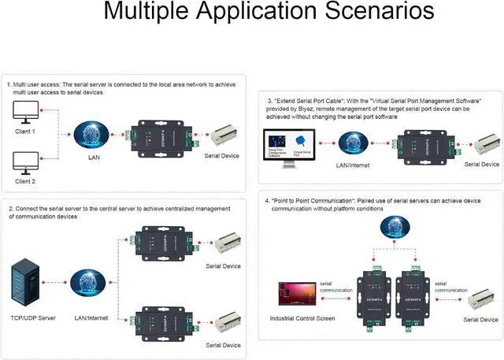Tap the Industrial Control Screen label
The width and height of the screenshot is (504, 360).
[303, 318]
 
